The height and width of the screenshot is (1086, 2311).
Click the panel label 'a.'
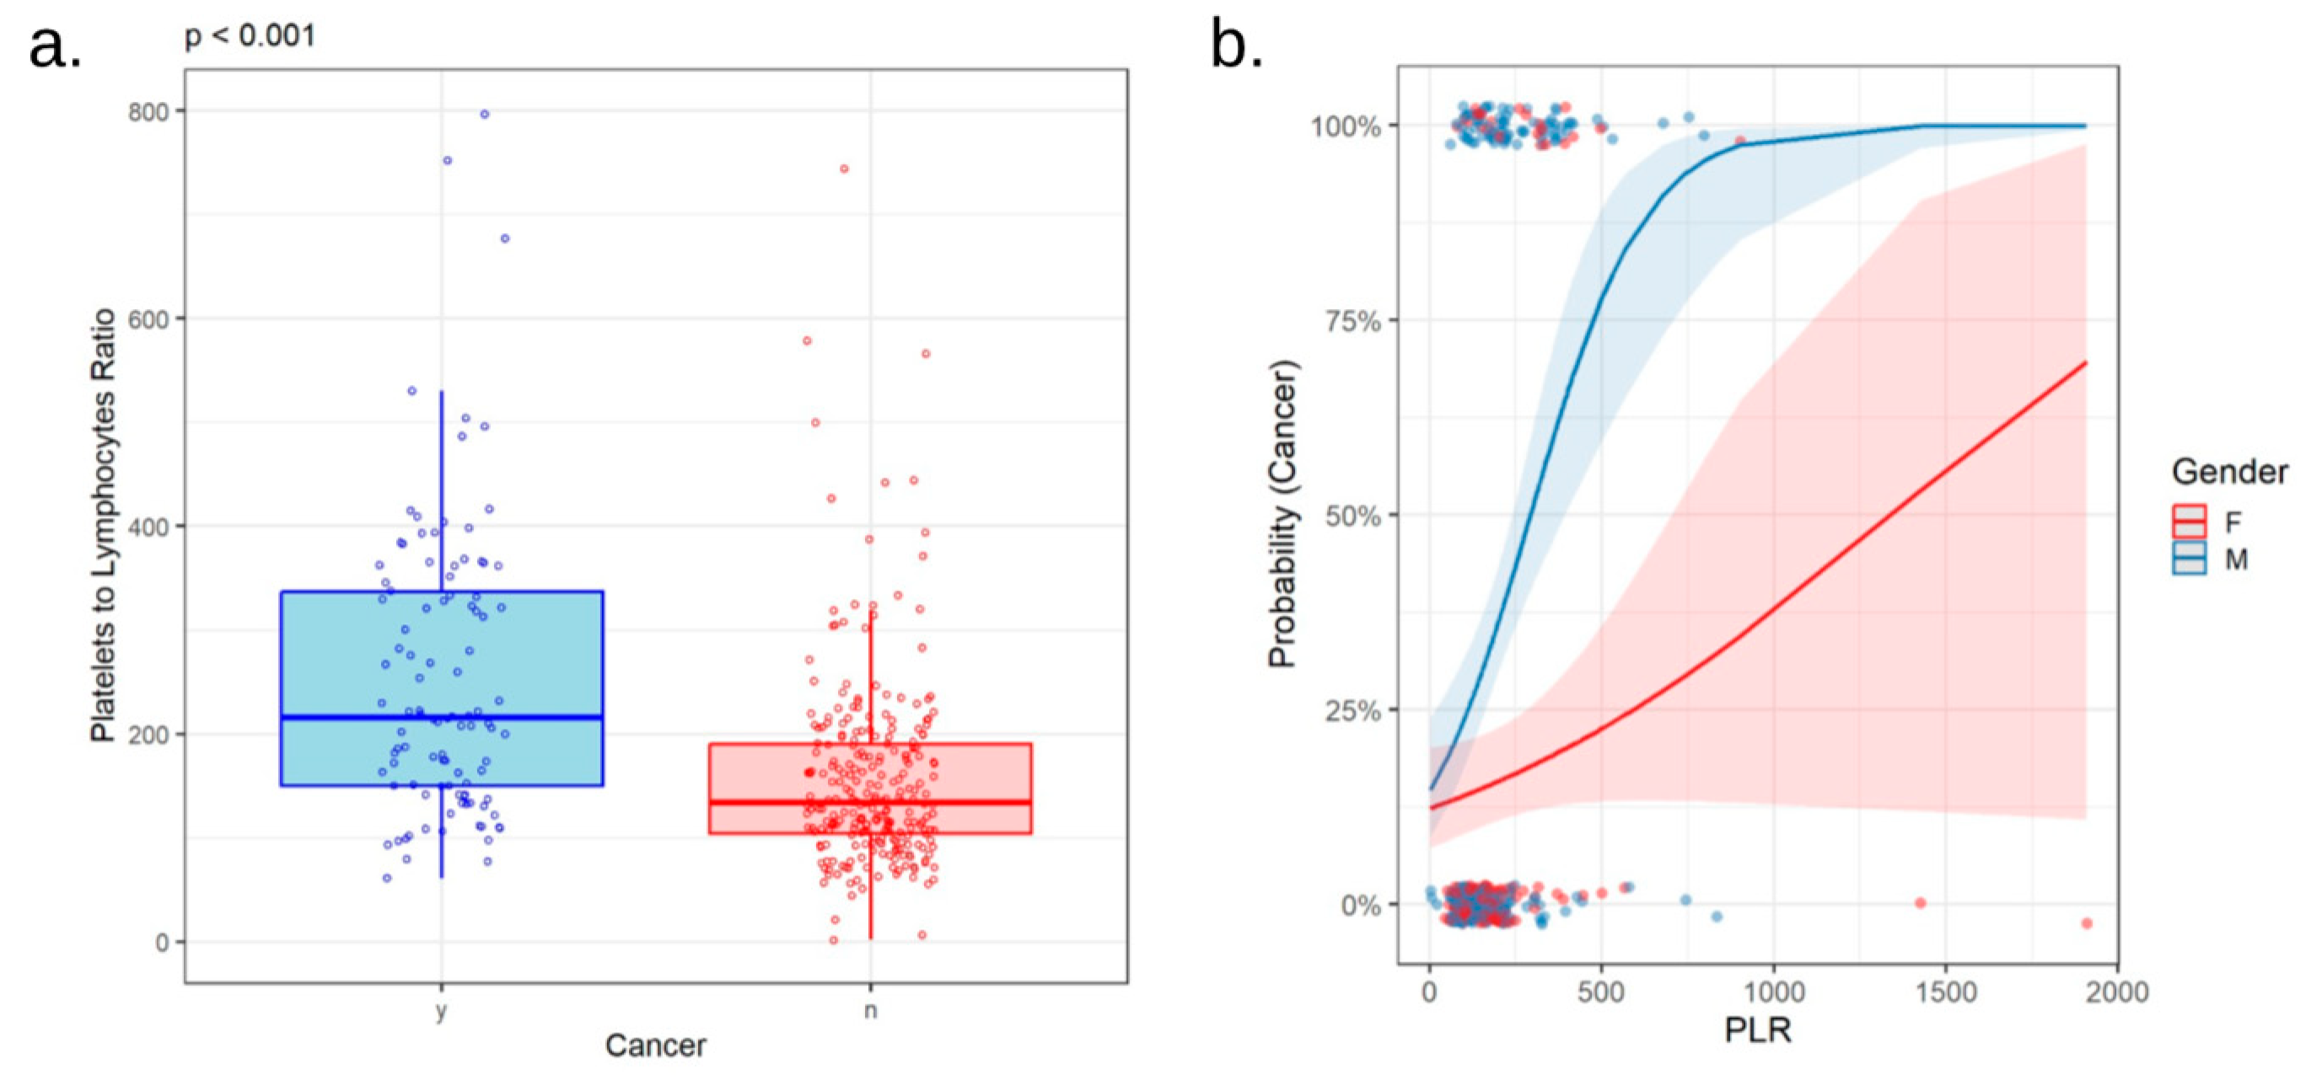point(54,46)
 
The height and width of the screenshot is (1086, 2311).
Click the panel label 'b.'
point(1236,45)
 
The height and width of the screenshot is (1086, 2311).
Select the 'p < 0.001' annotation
point(250,36)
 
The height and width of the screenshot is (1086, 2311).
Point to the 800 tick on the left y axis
point(149,112)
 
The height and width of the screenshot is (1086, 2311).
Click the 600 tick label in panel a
point(149,319)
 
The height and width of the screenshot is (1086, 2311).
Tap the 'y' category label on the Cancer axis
point(440,1011)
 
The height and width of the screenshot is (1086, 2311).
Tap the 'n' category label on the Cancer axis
point(870,1011)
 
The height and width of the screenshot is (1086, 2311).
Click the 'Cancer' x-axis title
point(655,1046)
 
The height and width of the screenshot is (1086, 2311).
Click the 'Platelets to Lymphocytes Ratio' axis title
point(103,526)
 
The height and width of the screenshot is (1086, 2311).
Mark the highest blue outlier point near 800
point(485,114)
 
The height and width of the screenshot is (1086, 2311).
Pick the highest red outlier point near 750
point(844,169)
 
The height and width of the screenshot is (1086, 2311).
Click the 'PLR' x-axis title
point(1757,1030)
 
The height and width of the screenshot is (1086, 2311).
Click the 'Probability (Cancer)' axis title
point(1283,514)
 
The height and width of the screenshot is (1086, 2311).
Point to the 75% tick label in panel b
point(1352,321)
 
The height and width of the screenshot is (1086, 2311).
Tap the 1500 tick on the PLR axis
point(1946,992)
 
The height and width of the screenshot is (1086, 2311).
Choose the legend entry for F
point(2212,522)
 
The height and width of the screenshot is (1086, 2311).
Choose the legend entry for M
point(2212,559)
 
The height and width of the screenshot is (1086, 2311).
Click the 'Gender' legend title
point(2228,472)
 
